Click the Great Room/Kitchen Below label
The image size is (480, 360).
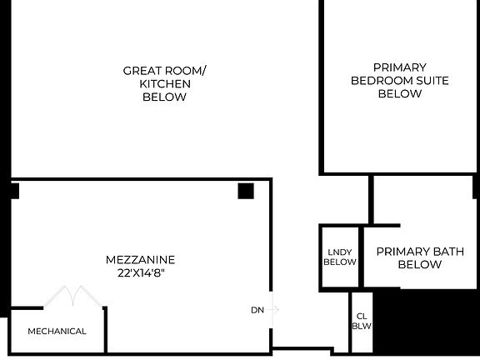164,83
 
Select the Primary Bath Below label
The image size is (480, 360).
419,257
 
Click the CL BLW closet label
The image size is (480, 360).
361,321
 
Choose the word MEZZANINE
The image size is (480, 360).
140,259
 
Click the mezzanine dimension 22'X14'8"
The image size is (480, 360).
140,272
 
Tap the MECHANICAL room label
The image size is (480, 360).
57,331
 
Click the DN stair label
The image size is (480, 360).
257,310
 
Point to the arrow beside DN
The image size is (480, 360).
273,310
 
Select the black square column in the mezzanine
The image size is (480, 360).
246,191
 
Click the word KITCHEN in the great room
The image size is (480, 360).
164,83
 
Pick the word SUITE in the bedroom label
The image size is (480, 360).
432,80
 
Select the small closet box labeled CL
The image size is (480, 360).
361,322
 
